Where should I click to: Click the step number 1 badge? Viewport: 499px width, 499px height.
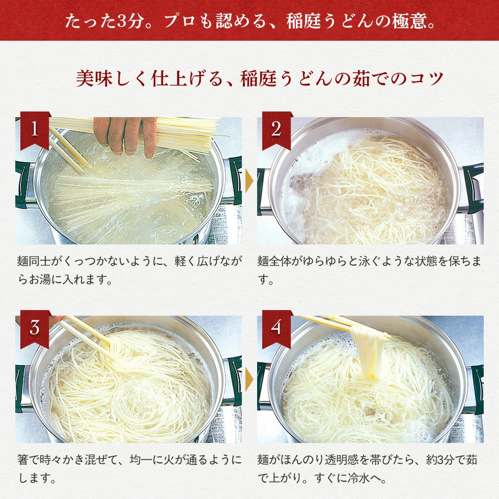35,129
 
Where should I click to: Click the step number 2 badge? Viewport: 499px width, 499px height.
276,129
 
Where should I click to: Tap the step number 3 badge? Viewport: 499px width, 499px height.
35,327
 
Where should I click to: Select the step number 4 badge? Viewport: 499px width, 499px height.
276,327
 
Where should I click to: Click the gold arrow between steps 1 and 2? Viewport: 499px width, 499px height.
249,181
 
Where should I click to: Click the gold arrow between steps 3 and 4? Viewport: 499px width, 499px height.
249,379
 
